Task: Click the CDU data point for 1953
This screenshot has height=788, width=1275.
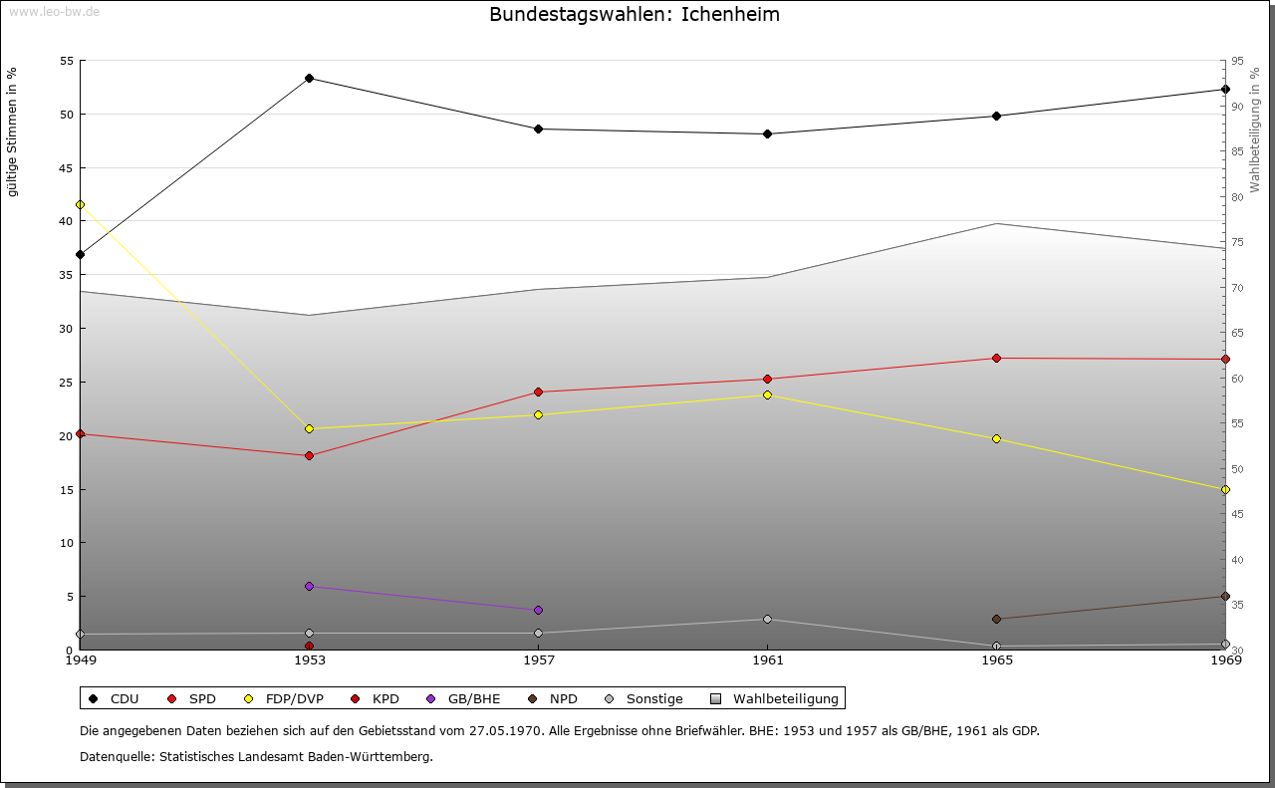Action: (x=309, y=78)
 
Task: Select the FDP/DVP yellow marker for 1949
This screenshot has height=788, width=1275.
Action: (x=80, y=204)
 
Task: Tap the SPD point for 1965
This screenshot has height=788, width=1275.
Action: (x=996, y=358)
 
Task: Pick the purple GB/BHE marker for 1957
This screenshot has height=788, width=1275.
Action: (x=538, y=610)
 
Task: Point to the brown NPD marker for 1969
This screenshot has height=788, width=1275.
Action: (x=1225, y=596)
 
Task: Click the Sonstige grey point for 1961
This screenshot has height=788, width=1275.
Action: (x=767, y=619)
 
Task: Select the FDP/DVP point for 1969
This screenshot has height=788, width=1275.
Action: (x=1225, y=489)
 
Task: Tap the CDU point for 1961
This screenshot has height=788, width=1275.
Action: (x=767, y=133)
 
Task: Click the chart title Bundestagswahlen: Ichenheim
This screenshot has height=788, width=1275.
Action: (x=635, y=15)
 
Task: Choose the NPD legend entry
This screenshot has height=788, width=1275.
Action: (x=563, y=698)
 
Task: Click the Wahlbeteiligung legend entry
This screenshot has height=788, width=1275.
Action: (x=786, y=698)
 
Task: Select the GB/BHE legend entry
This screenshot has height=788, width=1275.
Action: (x=473, y=698)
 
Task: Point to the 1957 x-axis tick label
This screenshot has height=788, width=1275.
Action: (x=539, y=659)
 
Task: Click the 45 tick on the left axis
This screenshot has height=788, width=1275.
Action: (x=66, y=167)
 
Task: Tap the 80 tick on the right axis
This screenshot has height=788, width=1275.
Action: (x=1236, y=197)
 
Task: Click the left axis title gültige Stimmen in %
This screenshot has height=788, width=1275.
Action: (x=12, y=131)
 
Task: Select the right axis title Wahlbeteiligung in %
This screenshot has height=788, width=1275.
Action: (x=1255, y=130)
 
